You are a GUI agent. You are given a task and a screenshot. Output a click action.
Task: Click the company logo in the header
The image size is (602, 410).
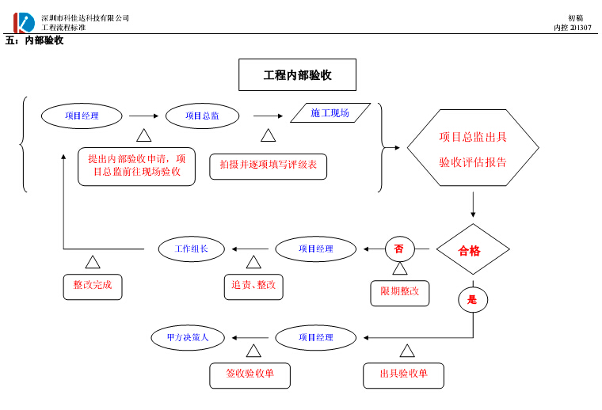pos(24,22)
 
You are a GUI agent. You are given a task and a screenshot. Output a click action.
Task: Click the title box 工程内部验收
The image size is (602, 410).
pos(297,75)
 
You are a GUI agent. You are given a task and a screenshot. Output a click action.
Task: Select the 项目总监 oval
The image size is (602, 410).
pos(202,116)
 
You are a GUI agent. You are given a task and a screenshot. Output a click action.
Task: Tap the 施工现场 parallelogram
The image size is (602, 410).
pos(330,113)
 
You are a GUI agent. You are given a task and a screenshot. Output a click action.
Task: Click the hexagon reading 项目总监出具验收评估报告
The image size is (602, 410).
pos(473,149)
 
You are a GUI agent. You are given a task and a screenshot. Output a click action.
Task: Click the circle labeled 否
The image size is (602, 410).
pos(399,249)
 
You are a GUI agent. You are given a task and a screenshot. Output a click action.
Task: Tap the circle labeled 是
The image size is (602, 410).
pos(473,300)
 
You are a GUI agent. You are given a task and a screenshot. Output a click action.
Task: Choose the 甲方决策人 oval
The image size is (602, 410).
pos(188,337)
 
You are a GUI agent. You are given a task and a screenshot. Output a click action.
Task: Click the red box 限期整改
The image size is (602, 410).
pos(400,291)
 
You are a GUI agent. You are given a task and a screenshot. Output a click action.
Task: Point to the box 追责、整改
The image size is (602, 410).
pos(253,285)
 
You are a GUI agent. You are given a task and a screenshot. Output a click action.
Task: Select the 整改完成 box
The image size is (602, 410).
pos(93,285)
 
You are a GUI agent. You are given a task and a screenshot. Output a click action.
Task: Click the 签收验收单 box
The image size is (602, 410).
pos(250,374)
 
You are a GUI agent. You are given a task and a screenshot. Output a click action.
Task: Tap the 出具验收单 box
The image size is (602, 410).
pos(403,374)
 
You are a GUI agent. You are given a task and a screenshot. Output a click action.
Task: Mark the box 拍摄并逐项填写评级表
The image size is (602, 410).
pos(268,165)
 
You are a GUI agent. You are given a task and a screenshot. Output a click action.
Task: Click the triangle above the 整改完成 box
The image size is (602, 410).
pos(93,262)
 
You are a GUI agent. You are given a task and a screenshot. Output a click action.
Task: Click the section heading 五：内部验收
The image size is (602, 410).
pos(34,40)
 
